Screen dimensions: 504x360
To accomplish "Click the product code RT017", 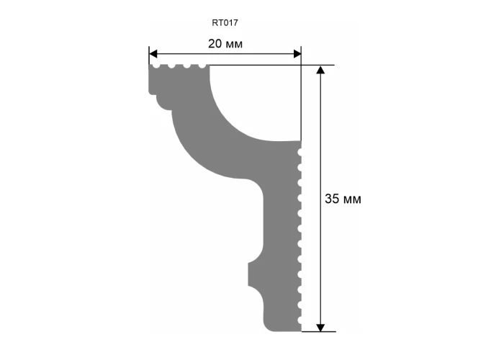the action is tap(225, 23).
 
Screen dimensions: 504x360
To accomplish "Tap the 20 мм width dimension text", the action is tap(225, 44).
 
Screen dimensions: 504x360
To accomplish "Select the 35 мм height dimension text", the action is tap(343, 199).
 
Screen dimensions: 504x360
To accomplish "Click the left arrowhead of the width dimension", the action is tap(153, 54).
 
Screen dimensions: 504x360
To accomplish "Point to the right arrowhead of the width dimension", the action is tap(297, 54).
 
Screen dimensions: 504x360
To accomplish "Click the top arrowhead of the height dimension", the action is tap(320, 70).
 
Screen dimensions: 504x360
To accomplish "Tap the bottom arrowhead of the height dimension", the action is tap(320, 327).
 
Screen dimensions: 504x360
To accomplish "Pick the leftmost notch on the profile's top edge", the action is tap(156, 66).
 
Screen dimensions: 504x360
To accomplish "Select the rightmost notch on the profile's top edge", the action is tap(202, 66).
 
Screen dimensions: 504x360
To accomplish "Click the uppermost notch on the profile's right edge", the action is tap(300, 152).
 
